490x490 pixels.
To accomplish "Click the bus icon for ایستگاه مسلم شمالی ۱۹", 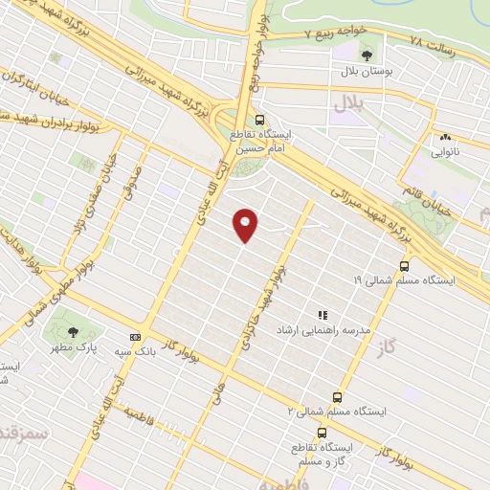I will tap(404, 267).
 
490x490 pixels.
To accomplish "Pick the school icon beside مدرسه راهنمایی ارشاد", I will tap(322, 315).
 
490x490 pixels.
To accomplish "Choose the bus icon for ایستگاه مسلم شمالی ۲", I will tap(337, 396).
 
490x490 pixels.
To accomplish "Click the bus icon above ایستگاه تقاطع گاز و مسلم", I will tap(296, 432).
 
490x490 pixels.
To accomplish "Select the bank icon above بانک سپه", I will tap(135, 337).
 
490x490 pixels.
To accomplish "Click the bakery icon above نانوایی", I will tap(443, 136).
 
